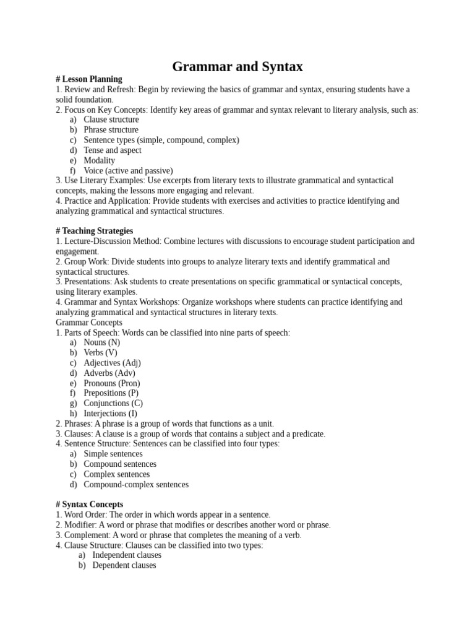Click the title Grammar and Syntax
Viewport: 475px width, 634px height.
click(x=237, y=66)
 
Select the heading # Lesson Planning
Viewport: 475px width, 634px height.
click(x=88, y=79)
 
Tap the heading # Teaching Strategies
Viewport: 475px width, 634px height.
click(x=94, y=231)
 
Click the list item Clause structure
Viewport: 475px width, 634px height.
click(x=111, y=119)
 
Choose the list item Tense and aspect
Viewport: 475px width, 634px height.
click(x=113, y=150)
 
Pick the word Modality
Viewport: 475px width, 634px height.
click(x=100, y=160)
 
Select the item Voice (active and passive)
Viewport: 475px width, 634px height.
click(x=128, y=170)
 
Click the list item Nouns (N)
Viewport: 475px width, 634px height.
click(x=102, y=342)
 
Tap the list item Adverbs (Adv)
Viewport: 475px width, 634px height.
click(x=109, y=373)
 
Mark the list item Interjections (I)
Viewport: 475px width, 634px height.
click(x=111, y=413)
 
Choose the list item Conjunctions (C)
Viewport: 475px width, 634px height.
click(x=113, y=403)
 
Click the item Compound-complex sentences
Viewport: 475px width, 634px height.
click(x=136, y=484)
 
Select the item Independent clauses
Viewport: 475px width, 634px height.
click(x=127, y=555)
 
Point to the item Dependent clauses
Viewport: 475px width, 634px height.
click(x=124, y=565)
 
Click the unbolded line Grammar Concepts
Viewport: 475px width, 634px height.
click(x=89, y=323)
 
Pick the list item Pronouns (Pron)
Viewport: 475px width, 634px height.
click(x=112, y=383)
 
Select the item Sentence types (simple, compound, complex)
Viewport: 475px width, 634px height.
click(x=161, y=140)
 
